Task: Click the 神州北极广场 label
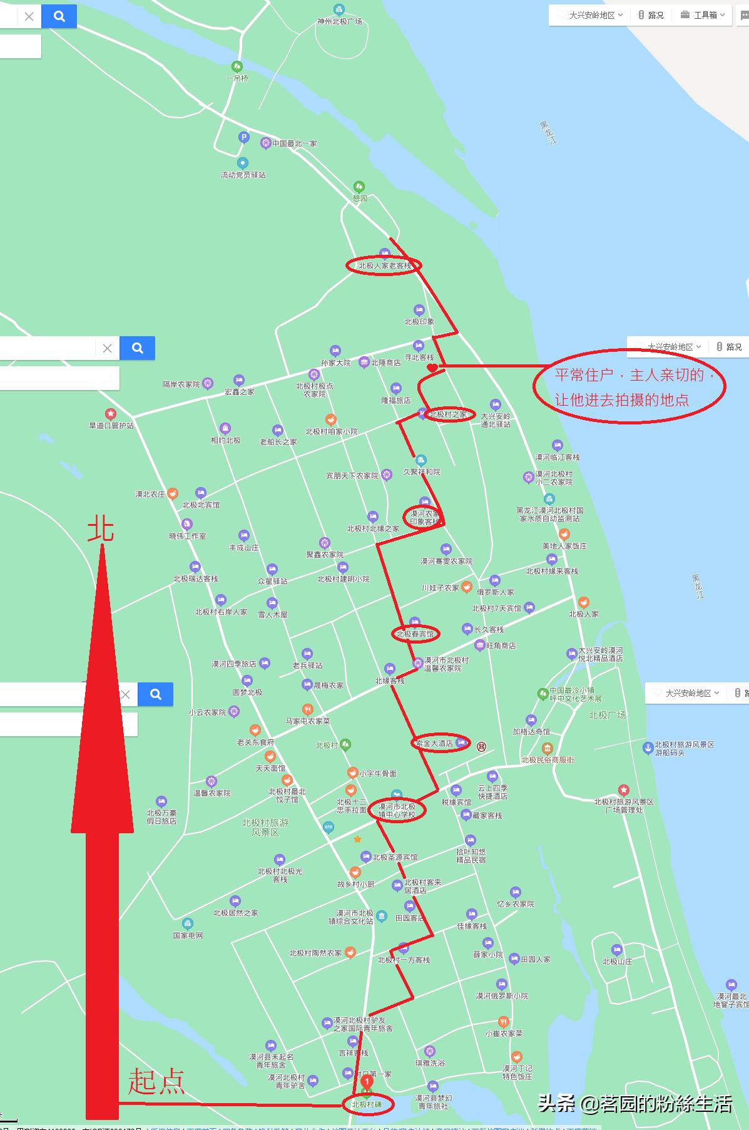(x=339, y=21)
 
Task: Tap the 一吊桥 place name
(x=237, y=78)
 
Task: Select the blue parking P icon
(x=244, y=137)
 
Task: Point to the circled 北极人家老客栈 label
(x=384, y=265)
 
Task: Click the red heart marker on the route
(x=432, y=368)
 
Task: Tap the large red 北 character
(x=101, y=528)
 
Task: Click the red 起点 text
(x=156, y=1081)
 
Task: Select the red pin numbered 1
(x=367, y=1081)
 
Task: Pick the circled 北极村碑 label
(x=367, y=1104)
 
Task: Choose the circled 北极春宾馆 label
(x=414, y=634)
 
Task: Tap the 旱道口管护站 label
(x=111, y=425)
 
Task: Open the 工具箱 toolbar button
(x=705, y=15)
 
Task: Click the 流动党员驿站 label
(x=243, y=175)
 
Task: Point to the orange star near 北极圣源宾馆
(x=357, y=839)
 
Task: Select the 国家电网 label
(x=188, y=935)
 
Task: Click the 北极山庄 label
(x=617, y=961)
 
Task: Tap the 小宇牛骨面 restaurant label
(x=377, y=773)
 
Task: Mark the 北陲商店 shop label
(x=385, y=362)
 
